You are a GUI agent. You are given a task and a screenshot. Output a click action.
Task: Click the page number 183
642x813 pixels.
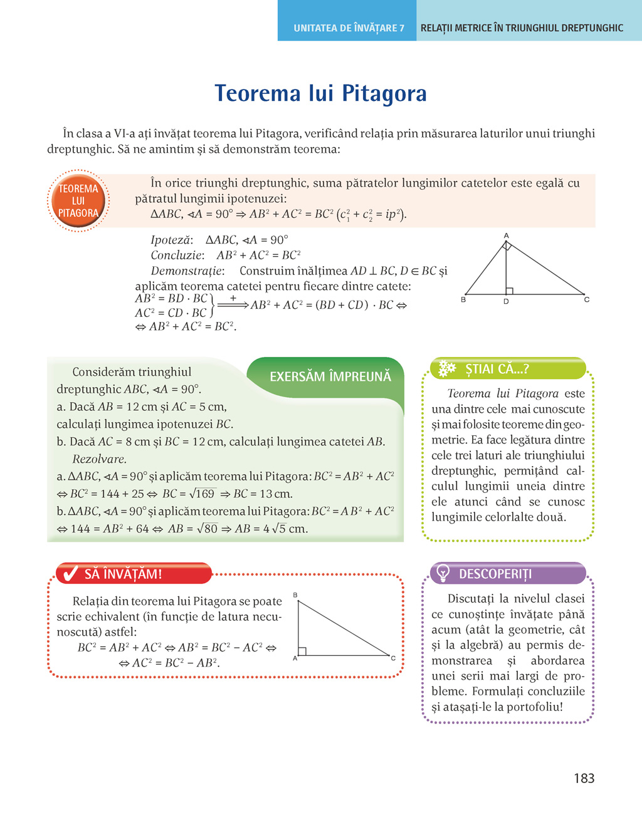[x=584, y=778]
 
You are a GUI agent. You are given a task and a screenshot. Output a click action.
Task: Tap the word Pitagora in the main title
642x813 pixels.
[x=383, y=93]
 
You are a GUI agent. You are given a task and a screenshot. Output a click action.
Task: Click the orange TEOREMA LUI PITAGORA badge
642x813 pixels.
[x=78, y=201]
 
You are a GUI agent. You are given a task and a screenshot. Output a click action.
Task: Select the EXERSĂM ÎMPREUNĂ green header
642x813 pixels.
[x=330, y=376]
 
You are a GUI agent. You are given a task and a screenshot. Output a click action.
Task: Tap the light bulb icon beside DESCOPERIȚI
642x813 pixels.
[x=443, y=573]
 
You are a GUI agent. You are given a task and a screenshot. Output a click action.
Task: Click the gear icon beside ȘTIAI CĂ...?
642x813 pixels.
[x=446, y=369]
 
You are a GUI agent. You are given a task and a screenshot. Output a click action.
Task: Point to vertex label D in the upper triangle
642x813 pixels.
[x=506, y=302]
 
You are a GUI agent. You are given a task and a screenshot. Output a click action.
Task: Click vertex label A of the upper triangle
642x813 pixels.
[x=506, y=236]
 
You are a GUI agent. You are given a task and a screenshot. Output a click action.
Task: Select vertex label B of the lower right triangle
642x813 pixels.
[x=295, y=595]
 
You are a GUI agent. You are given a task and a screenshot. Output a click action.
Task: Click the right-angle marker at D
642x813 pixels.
[x=510, y=291]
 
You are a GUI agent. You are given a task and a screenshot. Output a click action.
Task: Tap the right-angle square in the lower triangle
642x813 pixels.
[x=302, y=651]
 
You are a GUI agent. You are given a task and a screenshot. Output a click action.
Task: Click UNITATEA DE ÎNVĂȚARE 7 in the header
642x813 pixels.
[x=349, y=28]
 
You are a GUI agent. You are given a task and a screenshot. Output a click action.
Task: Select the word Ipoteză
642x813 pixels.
[x=171, y=240]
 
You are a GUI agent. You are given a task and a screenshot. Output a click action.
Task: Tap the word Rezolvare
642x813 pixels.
[x=99, y=459]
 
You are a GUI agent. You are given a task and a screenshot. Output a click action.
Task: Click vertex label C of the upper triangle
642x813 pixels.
[x=587, y=299]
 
